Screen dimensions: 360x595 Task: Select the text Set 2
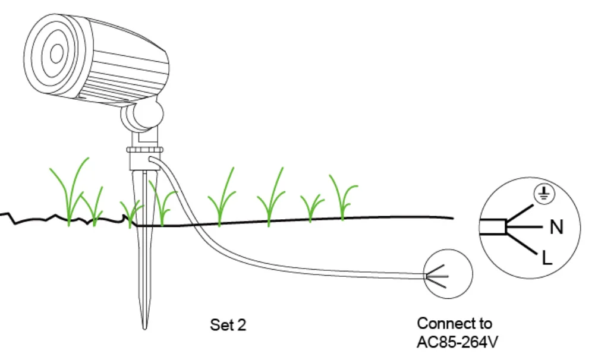pyautogui.click(x=228, y=325)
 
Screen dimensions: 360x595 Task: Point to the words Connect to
pyautogui.click(x=455, y=324)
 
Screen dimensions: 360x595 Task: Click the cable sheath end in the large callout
pyautogui.click(x=493, y=227)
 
